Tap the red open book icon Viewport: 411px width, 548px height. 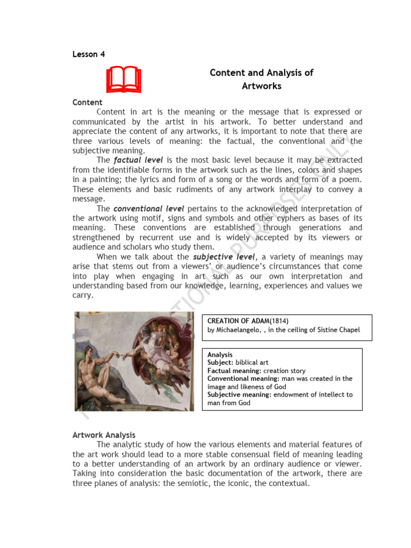point(123,80)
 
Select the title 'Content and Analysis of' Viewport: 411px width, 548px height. point(261,73)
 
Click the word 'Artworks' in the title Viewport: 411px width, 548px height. point(261,86)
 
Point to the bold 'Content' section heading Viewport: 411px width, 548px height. point(87,102)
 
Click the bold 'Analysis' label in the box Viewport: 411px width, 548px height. point(220,354)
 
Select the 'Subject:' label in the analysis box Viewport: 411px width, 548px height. point(221,362)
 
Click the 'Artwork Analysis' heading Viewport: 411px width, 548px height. point(104,435)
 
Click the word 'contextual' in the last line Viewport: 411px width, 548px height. point(287,483)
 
